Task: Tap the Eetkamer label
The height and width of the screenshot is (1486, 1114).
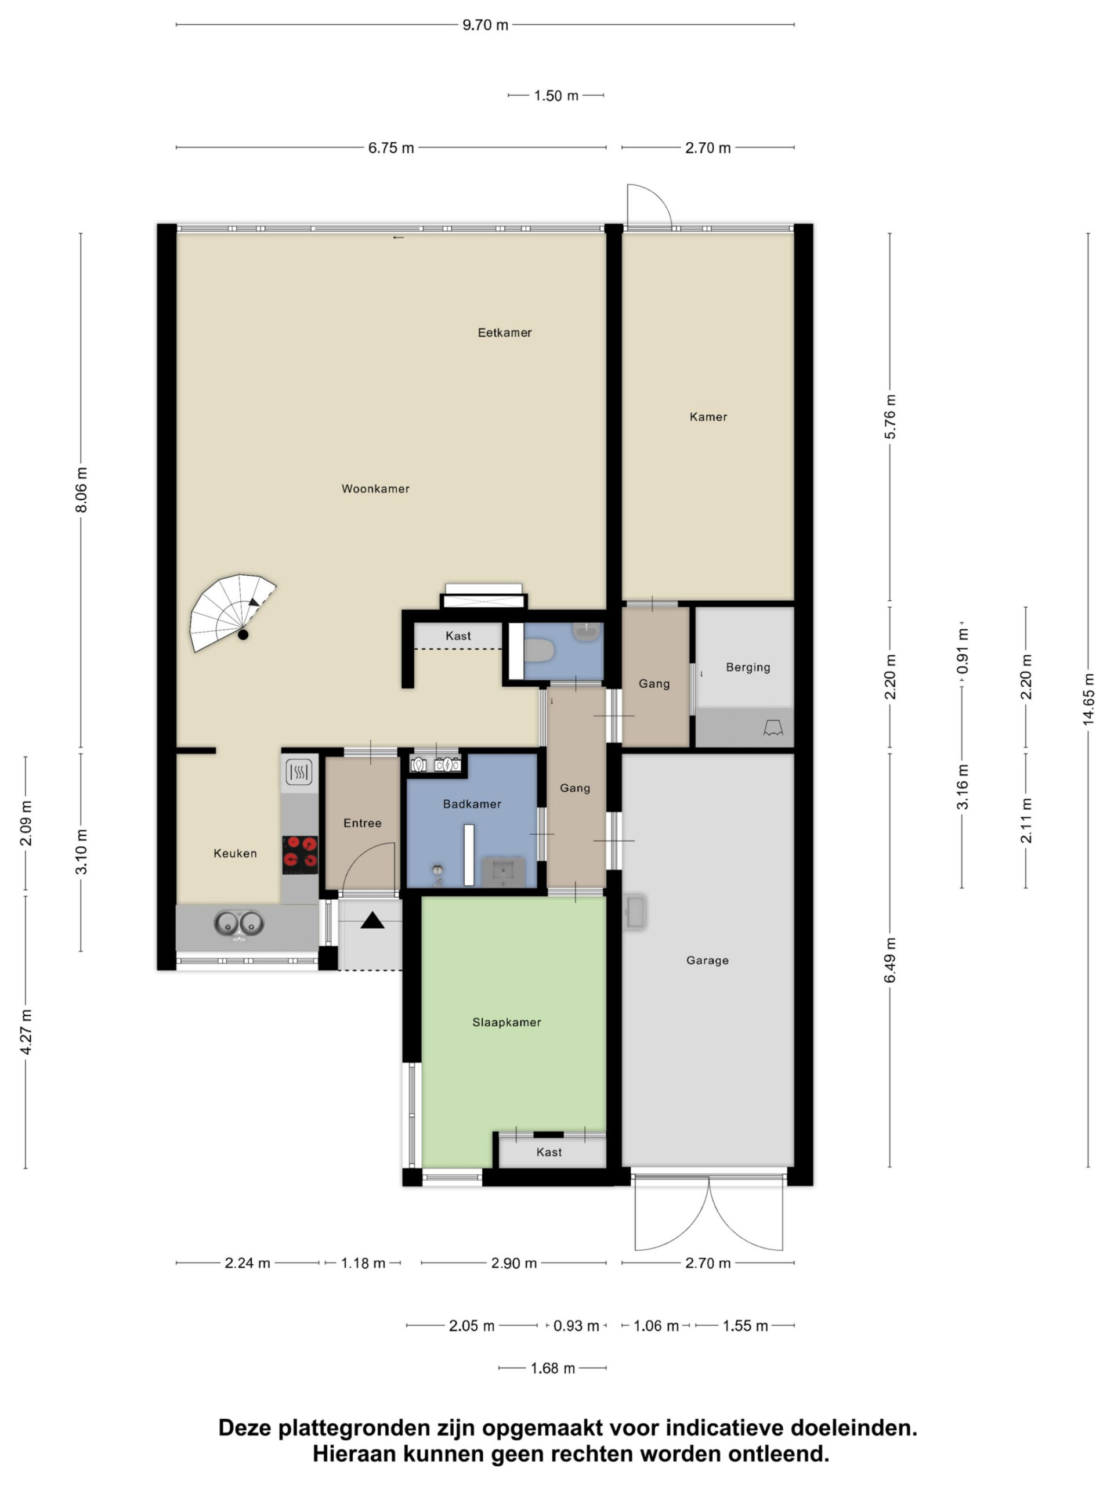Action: coord(504,333)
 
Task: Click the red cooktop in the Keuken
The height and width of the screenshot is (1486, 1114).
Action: coord(299,854)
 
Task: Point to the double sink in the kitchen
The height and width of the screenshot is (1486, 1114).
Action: coord(239,924)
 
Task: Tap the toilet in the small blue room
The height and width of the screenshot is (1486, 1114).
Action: coord(539,650)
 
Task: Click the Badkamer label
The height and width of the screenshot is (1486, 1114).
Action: coord(472,803)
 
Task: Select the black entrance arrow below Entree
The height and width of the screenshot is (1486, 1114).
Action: coord(372,921)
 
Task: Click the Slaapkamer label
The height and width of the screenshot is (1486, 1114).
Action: coord(507,1022)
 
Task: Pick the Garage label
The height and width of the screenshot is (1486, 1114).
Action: coord(707,960)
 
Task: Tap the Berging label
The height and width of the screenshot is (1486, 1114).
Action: coord(748,667)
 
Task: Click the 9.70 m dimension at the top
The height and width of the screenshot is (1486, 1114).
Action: coord(486,25)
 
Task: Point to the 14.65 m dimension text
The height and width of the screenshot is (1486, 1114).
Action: coord(1088,699)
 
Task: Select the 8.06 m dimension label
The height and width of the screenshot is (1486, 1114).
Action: coord(81,490)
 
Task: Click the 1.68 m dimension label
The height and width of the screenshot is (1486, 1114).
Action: coord(552,1368)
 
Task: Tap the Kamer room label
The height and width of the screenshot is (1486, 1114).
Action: coord(708,417)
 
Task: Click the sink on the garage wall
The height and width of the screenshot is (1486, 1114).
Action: coord(635,912)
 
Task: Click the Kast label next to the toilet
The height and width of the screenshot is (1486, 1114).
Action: coord(458,636)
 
